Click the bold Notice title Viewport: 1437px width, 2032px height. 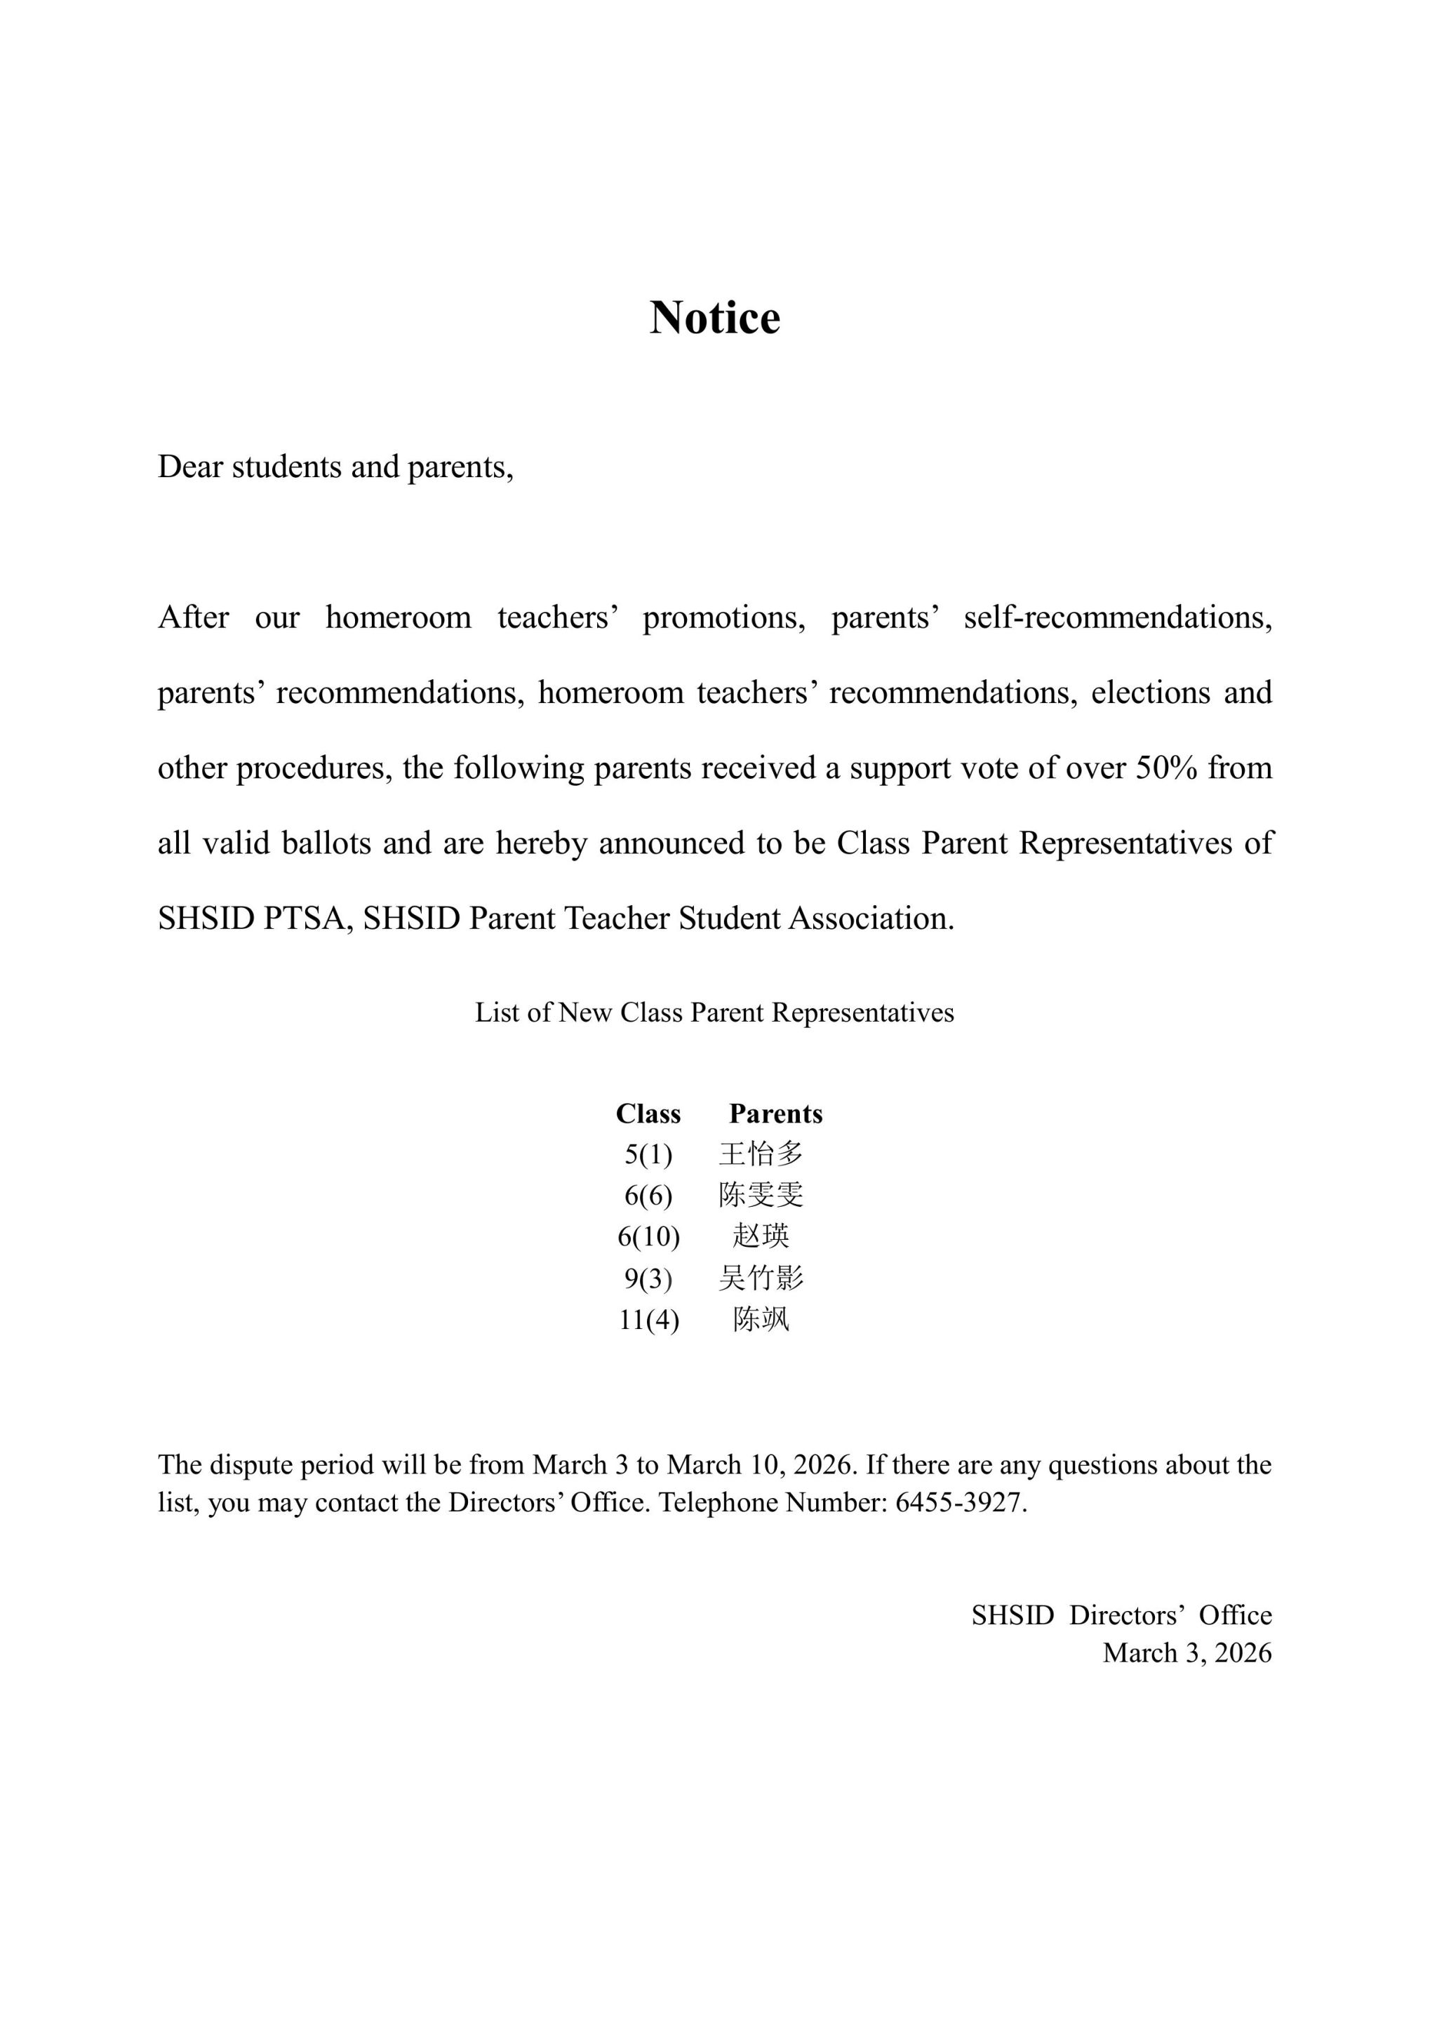click(x=715, y=317)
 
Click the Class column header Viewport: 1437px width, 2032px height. click(x=648, y=1114)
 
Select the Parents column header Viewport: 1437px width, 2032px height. click(x=775, y=1114)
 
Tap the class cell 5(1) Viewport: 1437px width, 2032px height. click(x=648, y=1154)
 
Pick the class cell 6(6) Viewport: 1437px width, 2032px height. click(x=648, y=1196)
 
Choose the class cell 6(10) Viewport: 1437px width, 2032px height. click(x=648, y=1236)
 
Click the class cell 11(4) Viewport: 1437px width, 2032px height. click(x=648, y=1320)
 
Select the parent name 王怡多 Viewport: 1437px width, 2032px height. click(x=761, y=1154)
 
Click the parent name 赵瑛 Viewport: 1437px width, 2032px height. click(x=761, y=1236)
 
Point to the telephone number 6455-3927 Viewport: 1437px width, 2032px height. click(x=959, y=1503)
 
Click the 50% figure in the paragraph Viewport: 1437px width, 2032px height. click(x=1166, y=768)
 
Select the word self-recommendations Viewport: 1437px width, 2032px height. click(x=1118, y=617)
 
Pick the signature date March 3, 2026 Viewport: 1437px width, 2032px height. click(x=1187, y=1652)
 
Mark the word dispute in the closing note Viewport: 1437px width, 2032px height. click(x=252, y=1464)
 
